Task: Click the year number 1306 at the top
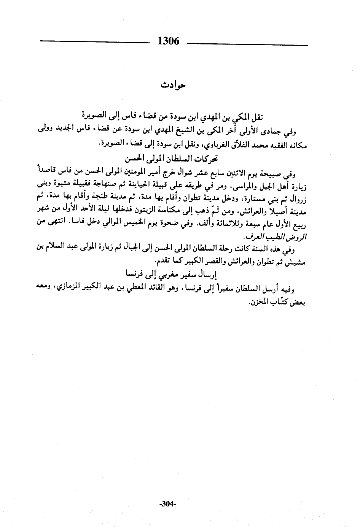pyautogui.click(x=168, y=41)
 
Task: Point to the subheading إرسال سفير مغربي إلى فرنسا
pyautogui.click(x=171, y=273)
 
